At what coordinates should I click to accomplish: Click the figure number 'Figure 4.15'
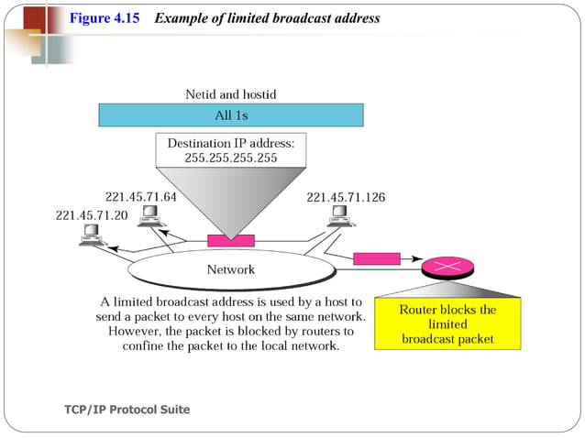point(105,18)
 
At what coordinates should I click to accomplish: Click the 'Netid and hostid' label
point(230,94)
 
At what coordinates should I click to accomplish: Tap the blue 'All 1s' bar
point(231,115)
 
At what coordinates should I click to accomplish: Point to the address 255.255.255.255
point(231,159)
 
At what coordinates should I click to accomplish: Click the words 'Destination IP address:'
point(231,144)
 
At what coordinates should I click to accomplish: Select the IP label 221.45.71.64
point(141,197)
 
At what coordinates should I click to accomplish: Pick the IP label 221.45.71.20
point(93,215)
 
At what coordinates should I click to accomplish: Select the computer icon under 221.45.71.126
point(341,215)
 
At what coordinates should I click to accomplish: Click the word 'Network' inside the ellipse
point(230,269)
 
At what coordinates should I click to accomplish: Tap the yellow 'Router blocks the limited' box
point(447,323)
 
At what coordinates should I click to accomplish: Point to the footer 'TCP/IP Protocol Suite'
point(127,410)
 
